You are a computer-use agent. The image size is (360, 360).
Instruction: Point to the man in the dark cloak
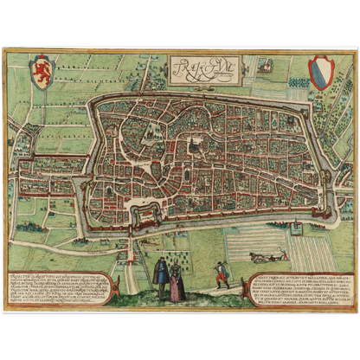point(160,276)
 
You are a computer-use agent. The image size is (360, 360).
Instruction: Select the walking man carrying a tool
point(223,274)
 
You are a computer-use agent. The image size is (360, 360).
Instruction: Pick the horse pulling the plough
point(259,257)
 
